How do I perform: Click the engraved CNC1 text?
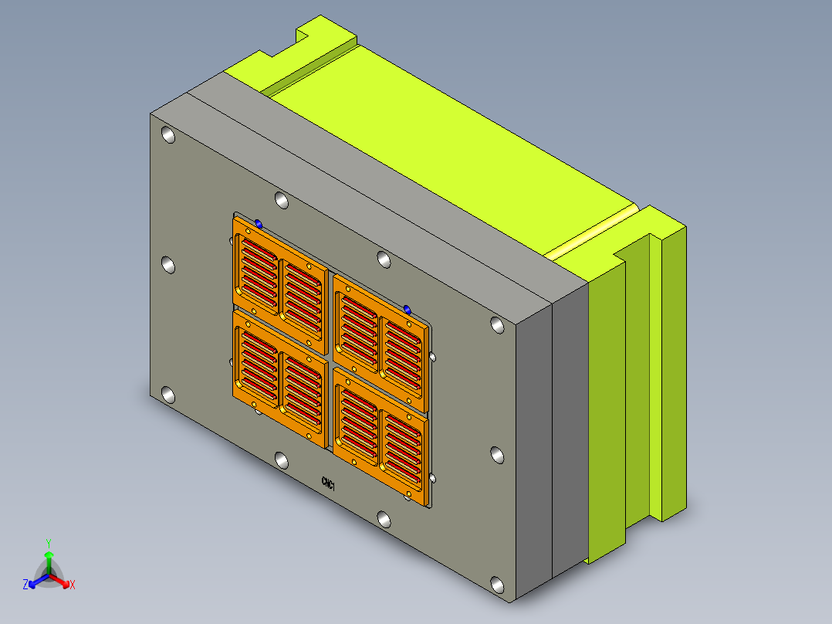pyautogui.click(x=329, y=483)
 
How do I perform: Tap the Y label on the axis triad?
pyautogui.click(x=49, y=543)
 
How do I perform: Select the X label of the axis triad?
pyautogui.click(x=73, y=585)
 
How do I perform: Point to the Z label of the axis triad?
pyautogui.click(x=25, y=584)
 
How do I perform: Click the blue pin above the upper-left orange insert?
pyautogui.click(x=259, y=224)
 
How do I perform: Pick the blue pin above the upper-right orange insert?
pyautogui.click(x=407, y=309)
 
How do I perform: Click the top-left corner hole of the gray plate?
pyautogui.click(x=168, y=135)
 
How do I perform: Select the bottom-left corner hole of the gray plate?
pyautogui.click(x=168, y=395)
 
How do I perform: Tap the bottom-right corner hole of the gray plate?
pyautogui.click(x=497, y=585)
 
